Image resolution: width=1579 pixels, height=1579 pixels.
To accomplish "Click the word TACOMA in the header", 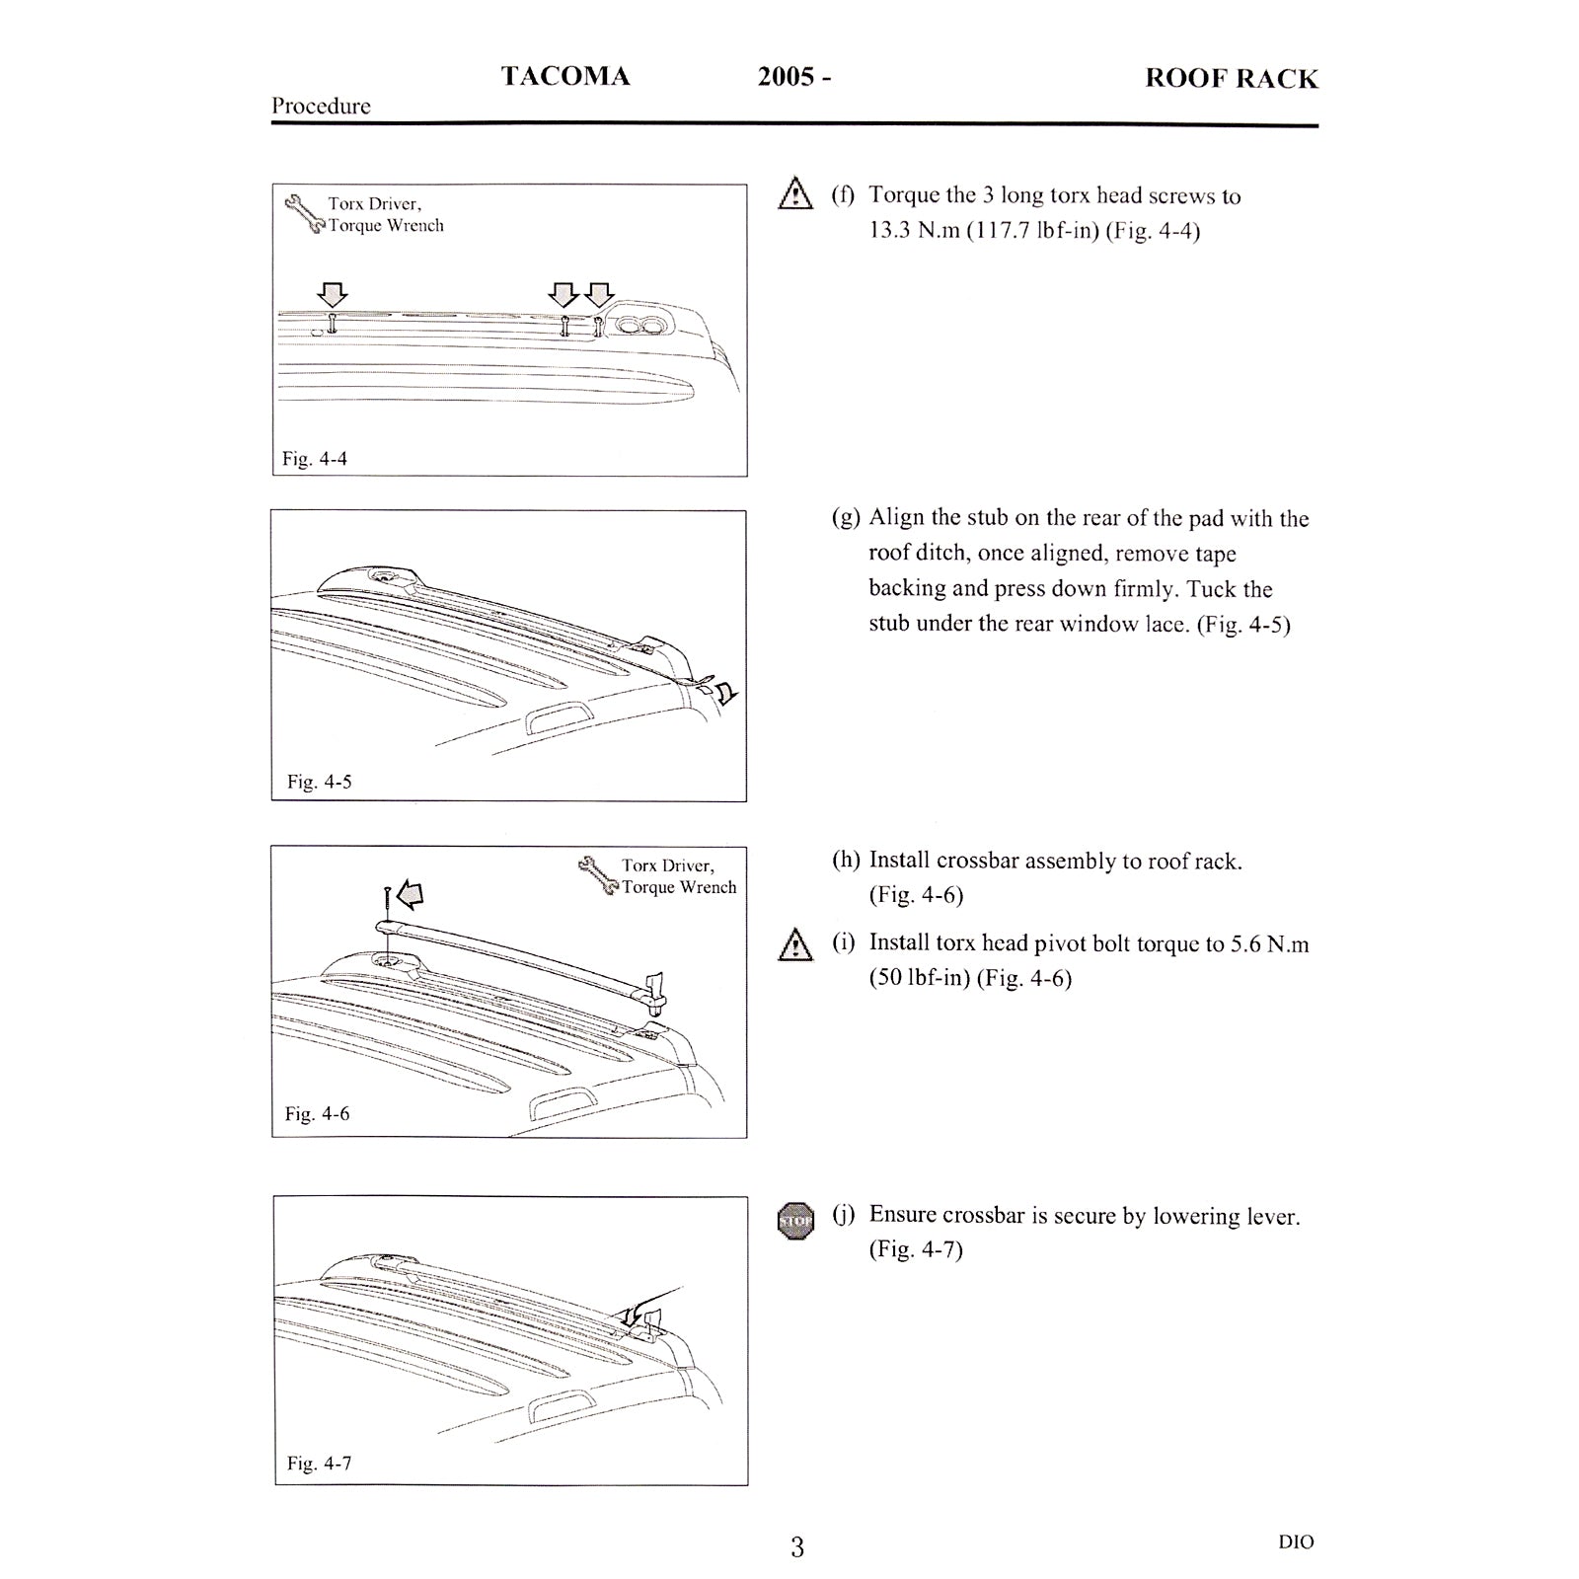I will [x=564, y=76].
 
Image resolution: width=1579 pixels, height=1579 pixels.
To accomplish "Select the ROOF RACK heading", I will [x=1231, y=79].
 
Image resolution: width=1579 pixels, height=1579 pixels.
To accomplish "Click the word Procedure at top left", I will [x=321, y=107].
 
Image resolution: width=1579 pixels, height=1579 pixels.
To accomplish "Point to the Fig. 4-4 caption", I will [x=314, y=459].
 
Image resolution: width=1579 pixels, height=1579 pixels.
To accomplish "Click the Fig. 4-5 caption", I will [x=319, y=782].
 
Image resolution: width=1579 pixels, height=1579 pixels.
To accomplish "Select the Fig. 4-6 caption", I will [x=317, y=1114].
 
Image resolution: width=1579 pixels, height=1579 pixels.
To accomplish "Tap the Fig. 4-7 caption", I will [x=319, y=1464].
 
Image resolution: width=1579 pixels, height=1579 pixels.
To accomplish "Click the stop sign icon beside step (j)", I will [x=795, y=1221].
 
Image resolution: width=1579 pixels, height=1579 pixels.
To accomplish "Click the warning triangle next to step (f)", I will [x=794, y=193].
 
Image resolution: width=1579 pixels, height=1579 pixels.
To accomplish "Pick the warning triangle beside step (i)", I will [x=794, y=945].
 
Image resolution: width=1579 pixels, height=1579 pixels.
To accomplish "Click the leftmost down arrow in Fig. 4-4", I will [x=333, y=294].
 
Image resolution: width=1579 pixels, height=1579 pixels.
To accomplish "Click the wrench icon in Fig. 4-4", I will [x=306, y=214].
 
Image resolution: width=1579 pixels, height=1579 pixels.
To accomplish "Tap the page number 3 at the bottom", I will [x=797, y=1547].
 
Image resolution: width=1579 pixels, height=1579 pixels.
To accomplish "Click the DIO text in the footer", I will [x=1295, y=1541].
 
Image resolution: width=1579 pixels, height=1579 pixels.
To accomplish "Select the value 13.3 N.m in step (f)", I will [x=914, y=232].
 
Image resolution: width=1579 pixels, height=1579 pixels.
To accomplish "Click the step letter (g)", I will [x=845, y=519].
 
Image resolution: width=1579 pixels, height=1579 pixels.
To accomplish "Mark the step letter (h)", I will [x=846, y=861].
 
